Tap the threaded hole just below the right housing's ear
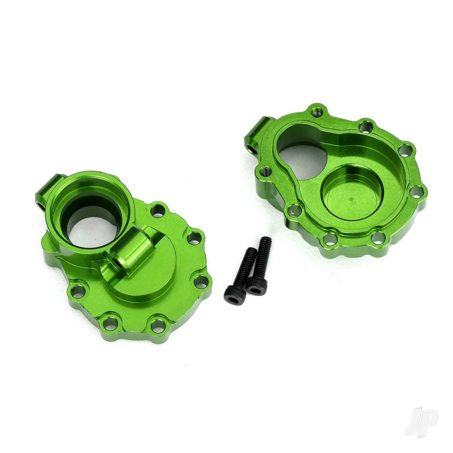(265, 171)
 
